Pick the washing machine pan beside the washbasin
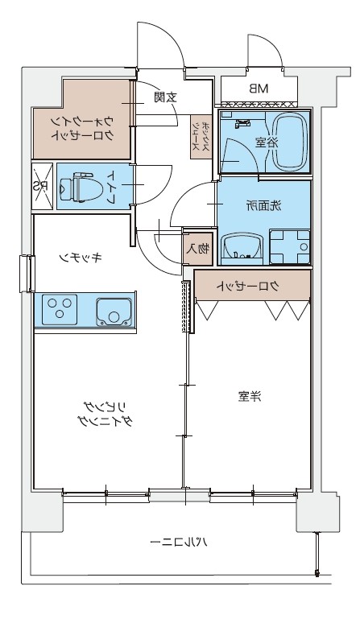[x=290, y=244]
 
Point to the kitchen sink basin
[x=112, y=310]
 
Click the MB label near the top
[x=258, y=88]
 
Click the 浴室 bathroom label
[x=261, y=142]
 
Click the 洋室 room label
[x=250, y=395]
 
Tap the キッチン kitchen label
[x=81, y=258]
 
